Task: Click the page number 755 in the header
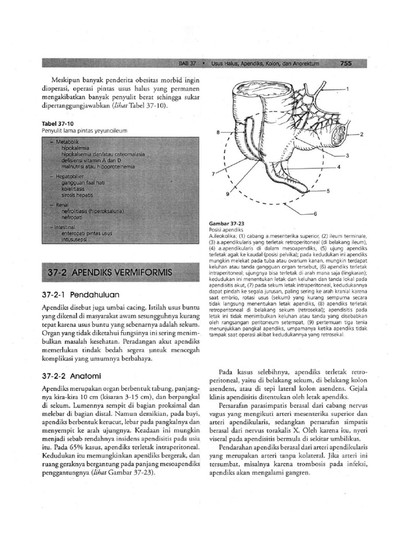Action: pyautogui.click(x=346, y=64)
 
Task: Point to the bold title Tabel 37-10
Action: pyautogui.click(x=55, y=124)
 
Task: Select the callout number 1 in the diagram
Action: pyautogui.click(x=347, y=89)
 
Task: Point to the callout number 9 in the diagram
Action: pyautogui.click(x=228, y=194)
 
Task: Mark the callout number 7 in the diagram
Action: pyautogui.click(x=213, y=173)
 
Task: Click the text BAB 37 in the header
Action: pyautogui.click(x=187, y=64)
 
